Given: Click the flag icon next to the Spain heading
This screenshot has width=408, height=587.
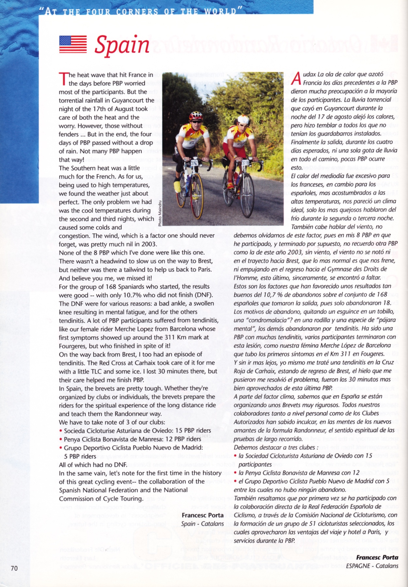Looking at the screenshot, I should tap(73, 44).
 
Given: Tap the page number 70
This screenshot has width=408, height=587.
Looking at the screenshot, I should tap(14, 568).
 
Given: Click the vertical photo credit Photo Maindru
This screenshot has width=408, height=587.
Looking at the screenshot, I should tap(160, 214).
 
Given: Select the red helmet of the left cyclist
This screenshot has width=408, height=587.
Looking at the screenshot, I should tap(196, 116).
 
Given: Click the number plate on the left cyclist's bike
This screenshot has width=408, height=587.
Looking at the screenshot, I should tap(195, 162).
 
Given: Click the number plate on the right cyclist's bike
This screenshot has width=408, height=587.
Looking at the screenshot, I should tap(245, 163).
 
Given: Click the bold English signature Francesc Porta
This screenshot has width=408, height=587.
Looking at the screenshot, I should tap(202, 515).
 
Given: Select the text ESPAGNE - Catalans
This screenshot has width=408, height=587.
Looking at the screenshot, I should tap(372, 565).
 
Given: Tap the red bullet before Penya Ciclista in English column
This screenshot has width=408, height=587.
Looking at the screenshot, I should tap(61, 439).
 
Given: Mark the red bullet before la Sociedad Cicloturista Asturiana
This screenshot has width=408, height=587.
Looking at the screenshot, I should tap(236, 456).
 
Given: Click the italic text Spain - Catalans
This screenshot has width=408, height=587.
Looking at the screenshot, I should tap(202, 524).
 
